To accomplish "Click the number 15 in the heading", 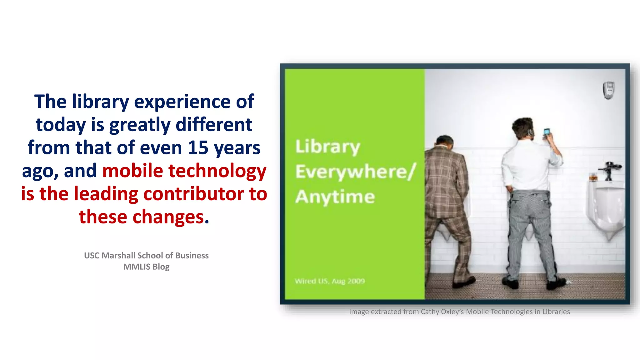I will click(198, 147).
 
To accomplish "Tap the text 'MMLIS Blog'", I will click(146, 267).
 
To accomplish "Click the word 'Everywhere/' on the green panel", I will click(356, 172).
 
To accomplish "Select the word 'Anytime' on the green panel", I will click(335, 197).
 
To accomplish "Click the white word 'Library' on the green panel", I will click(328, 147).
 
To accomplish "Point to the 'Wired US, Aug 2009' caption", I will click(330, 281).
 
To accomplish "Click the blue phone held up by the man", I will click(547, 132).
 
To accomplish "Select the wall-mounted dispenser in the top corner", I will click(608, 90).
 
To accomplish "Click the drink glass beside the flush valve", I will click(593, 177).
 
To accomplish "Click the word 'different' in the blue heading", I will click(214, 125).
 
